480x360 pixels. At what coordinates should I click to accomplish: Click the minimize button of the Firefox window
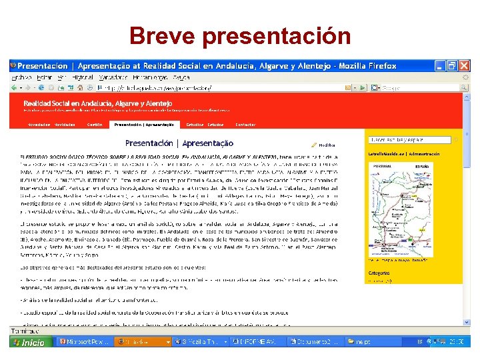click(439, 65)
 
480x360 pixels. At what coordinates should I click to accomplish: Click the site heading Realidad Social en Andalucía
click(97, 103)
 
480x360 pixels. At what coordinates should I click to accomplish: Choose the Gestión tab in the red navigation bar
click(95, 124)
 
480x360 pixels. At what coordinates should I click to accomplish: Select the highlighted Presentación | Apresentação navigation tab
click(144, 124)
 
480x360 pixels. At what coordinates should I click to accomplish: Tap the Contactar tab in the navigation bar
click(245, 124)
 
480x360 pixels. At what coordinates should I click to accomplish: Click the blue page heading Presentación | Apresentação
click(179, 143)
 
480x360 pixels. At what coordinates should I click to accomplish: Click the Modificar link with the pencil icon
click(324, 145)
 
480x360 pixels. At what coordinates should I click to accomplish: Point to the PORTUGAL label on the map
click(382, 165)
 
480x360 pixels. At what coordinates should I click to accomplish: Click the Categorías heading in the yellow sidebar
click(378, 273)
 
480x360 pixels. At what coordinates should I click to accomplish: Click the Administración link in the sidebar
click(422, 154)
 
